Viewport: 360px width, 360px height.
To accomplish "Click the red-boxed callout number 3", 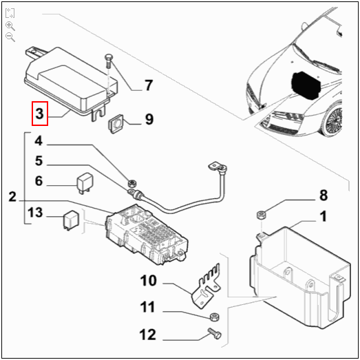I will point(41,113).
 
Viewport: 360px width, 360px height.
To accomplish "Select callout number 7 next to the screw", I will point(147,86).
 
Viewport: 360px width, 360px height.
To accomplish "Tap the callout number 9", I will point(149,120).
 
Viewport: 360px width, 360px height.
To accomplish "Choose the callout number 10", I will point(149,281).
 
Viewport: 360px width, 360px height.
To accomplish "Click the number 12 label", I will point(149,335).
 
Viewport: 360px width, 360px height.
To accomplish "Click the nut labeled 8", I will point(262,215).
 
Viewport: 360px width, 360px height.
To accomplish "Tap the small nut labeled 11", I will point(213,317).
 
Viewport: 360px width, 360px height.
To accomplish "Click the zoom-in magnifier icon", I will point(10,25).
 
